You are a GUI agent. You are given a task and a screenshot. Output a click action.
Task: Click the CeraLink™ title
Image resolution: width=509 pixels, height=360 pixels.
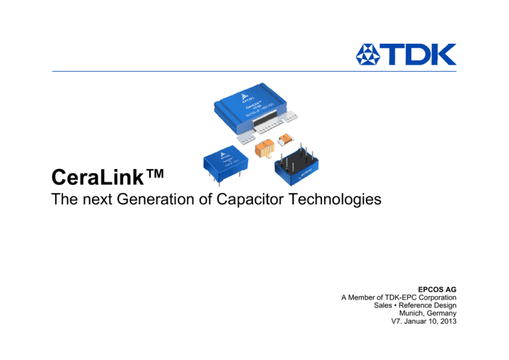point(106,177)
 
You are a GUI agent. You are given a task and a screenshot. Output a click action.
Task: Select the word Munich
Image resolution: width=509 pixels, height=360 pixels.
point(411,315)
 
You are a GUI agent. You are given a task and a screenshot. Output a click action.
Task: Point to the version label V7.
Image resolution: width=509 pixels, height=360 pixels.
point(399,324)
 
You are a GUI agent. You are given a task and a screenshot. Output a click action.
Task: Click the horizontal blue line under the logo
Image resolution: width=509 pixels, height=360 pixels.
point(254,71)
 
